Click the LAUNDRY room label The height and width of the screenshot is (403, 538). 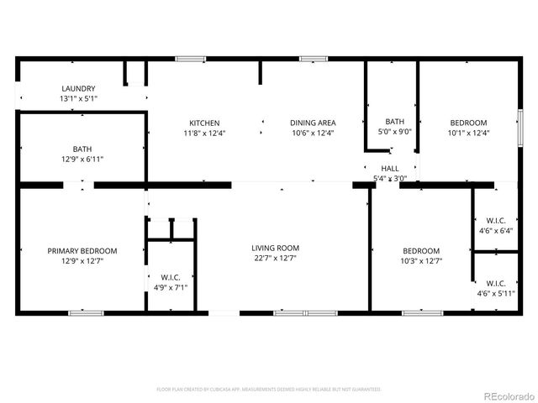[x=78, y=88]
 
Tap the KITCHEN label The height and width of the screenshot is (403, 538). [x=204, y=123]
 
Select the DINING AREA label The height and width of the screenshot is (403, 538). [x=313, y=123]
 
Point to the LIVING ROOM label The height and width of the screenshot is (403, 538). [x=275, y=248]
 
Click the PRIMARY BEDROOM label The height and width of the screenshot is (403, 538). [x=82, y=250]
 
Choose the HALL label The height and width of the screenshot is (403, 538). [x=390, y=168]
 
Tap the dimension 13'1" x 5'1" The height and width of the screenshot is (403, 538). [x=78, y=99]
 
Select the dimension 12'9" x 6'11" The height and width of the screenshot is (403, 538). [x=82, y=159]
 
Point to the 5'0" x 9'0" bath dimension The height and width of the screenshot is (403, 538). [x=394, y=131]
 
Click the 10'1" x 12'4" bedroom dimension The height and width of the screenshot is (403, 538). [x=468, y=132]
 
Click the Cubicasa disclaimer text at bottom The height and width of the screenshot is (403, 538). [x=269, y=390]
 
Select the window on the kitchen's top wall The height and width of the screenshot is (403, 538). [x=191, y=59]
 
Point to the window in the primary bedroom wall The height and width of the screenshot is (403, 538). [x=86, y=313]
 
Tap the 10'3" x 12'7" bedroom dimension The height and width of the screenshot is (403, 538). [x=420, y=261]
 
